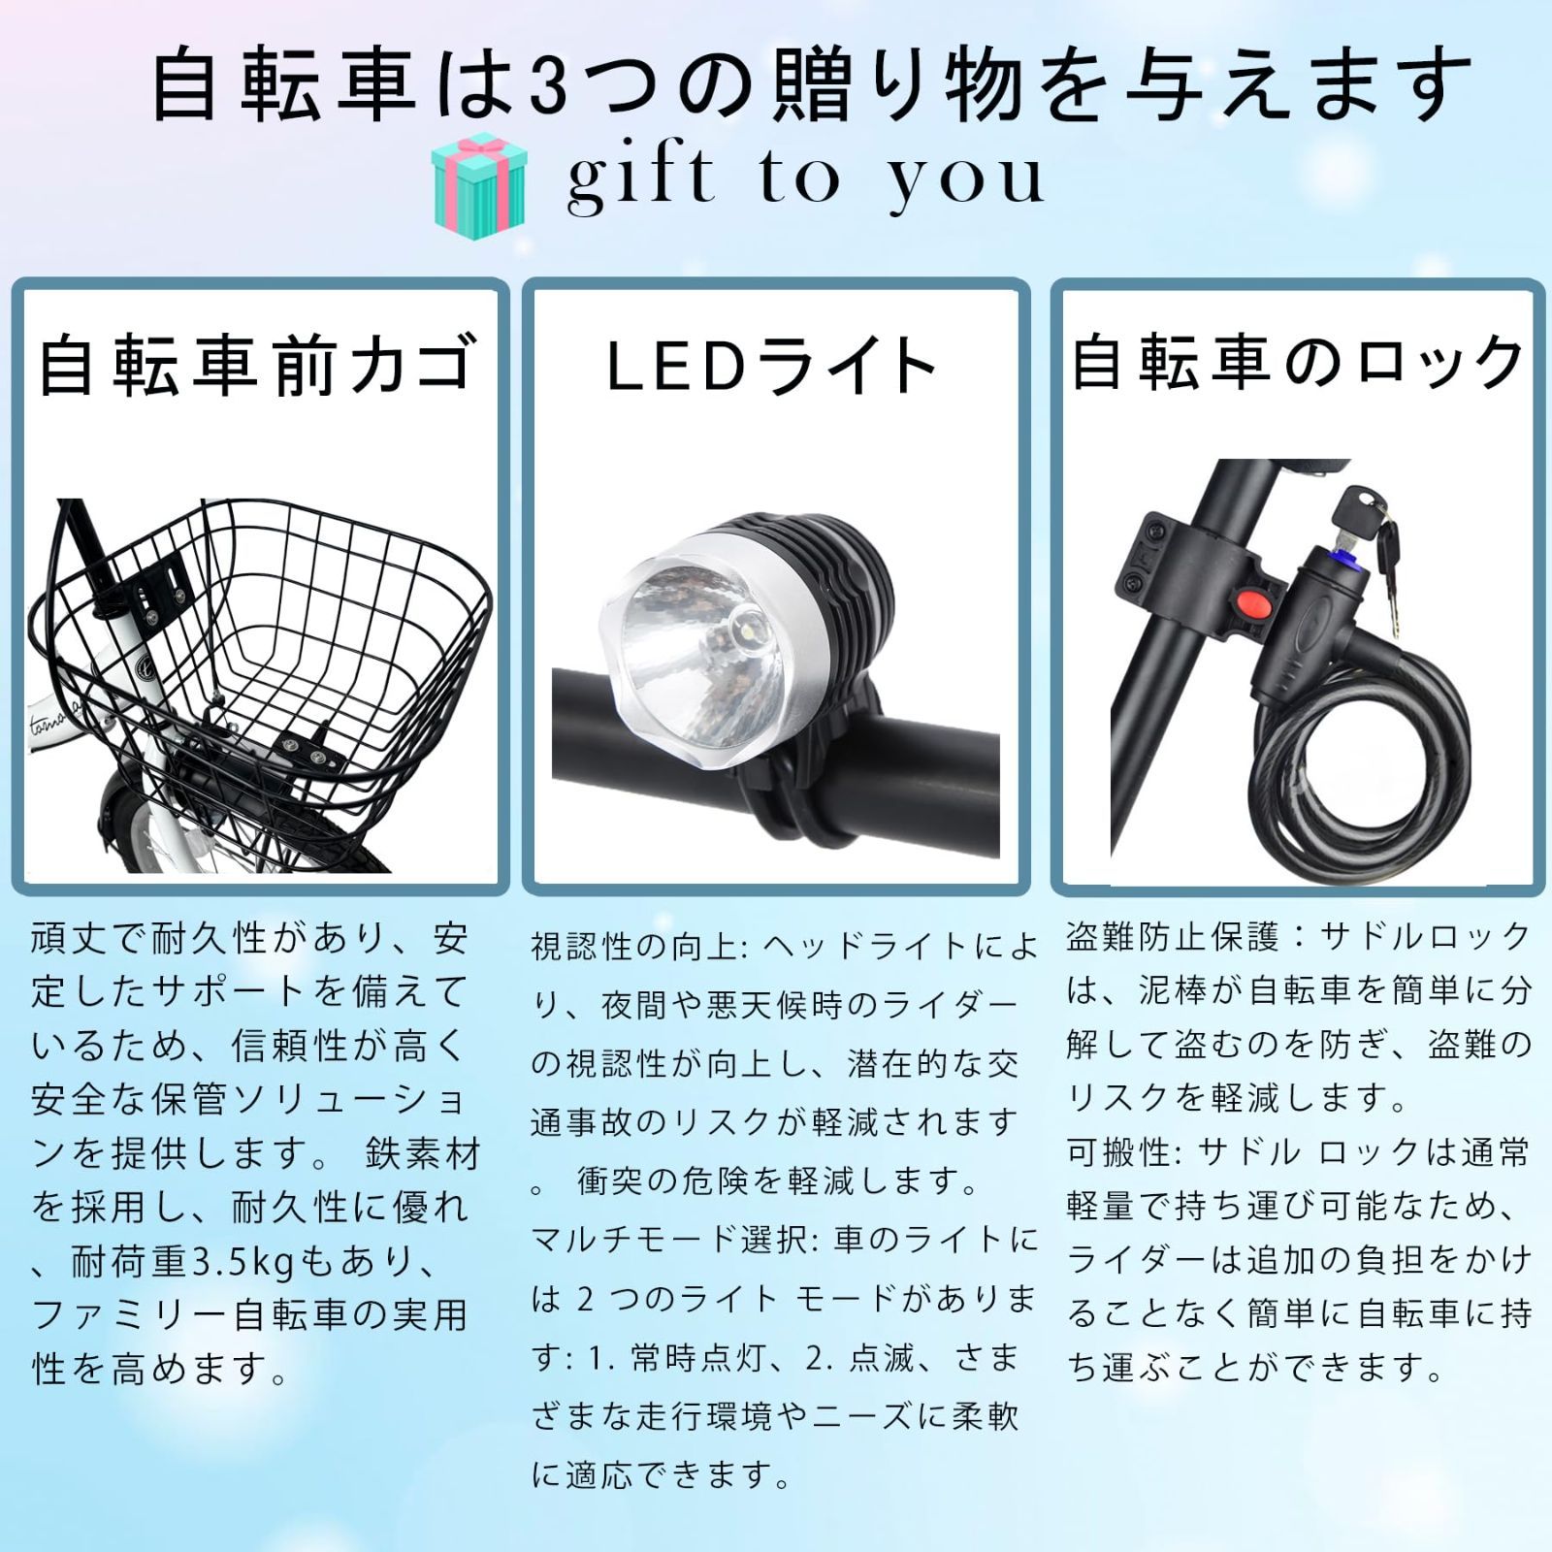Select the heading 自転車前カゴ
pos(258,364)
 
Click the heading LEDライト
pos(772,366)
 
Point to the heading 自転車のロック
pos(1297,362)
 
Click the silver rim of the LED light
pos(776,563)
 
